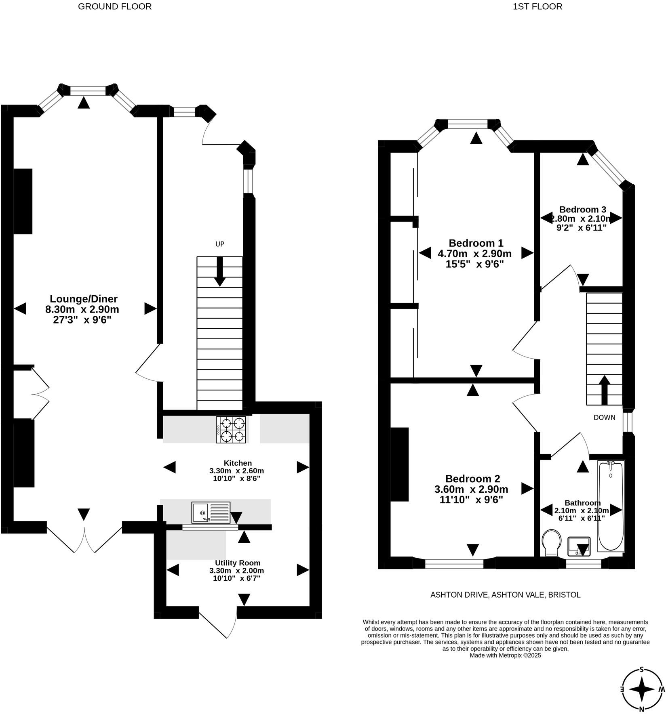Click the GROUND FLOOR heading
[115, 6]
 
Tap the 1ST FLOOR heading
[537, 6]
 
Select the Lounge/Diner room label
[84, 299]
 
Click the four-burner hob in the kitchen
[231, 430]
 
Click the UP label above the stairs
[219, 244]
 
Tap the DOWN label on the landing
[604, 418]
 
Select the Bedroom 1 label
[476, 243]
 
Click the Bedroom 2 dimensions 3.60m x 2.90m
[471, 489]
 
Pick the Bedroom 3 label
[582, 210]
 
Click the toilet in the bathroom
[552, 542]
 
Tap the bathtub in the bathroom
[611, 506]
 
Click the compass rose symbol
[642, 689]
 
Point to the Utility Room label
[238, 563]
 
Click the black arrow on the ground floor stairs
[220, 271]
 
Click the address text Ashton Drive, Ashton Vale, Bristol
[505, 595]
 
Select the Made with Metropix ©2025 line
[505, 655]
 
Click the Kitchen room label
[238, 463]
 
